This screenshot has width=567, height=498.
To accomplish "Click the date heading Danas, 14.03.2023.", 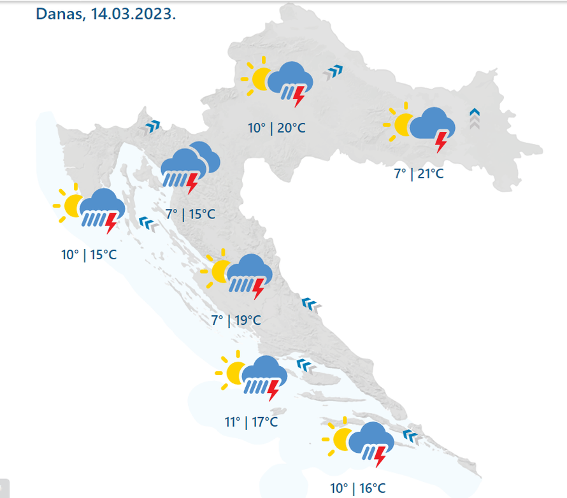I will coord(106,14).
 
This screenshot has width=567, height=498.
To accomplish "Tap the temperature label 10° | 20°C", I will coord(276,128).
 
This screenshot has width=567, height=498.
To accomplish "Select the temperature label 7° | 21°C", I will coord(418,173).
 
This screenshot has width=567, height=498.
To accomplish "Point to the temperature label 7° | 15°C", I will coord(190,214).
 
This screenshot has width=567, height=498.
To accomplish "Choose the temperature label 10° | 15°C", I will coord(89,255).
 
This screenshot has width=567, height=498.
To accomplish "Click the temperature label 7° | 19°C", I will coord(236,320).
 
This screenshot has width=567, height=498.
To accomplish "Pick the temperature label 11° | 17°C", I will coord(251,422).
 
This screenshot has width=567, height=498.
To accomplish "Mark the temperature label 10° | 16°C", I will coord(358,488).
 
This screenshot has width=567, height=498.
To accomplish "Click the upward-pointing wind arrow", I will coord(474,118).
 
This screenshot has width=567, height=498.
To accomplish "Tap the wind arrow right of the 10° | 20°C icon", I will coord(333,73).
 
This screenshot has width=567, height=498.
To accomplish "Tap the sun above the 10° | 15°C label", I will coord(71,204).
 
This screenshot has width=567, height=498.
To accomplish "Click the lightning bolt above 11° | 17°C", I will coord(274,388).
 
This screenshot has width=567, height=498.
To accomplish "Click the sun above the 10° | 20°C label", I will coord(259,78).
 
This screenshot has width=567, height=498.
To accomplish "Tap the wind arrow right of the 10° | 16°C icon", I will coord(412,436).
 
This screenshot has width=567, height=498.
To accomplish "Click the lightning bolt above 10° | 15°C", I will coord(111,224).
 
